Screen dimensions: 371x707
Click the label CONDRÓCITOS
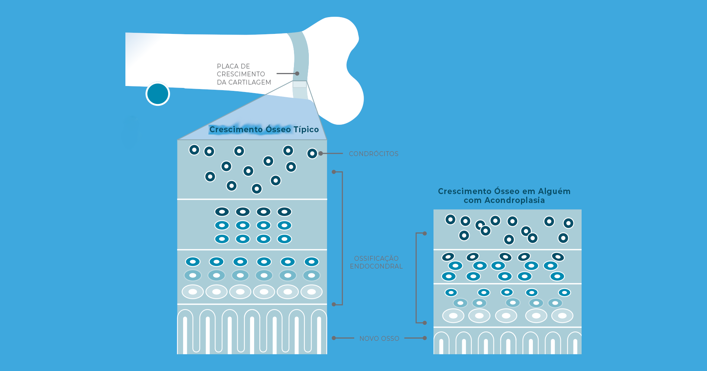coord(374,154)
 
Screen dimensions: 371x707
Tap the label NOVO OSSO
coord(379,339)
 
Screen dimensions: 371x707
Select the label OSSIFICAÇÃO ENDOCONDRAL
coord(376,262)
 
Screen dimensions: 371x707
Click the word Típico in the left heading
coord(306,130)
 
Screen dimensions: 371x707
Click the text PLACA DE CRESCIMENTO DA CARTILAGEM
coord(244,74)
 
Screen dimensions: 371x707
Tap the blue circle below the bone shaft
coord(158,94)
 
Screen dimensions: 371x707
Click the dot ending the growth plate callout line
coord(297,74)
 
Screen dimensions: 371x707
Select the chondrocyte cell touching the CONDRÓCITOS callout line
coord(312,153)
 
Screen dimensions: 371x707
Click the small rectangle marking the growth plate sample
coord(300,85)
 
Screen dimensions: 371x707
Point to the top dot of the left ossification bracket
coord(334,172)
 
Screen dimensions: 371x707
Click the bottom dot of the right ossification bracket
coord(425,323)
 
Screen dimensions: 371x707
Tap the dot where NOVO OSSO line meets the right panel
coord(425,338)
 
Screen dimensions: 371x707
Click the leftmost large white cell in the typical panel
coord(193,292)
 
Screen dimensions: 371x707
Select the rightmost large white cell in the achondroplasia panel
coord(562,316)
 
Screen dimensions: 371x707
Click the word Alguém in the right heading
coord(554,191)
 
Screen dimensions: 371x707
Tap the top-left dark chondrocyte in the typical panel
coord(194,150)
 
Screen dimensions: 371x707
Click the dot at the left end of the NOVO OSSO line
coord(334,338)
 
